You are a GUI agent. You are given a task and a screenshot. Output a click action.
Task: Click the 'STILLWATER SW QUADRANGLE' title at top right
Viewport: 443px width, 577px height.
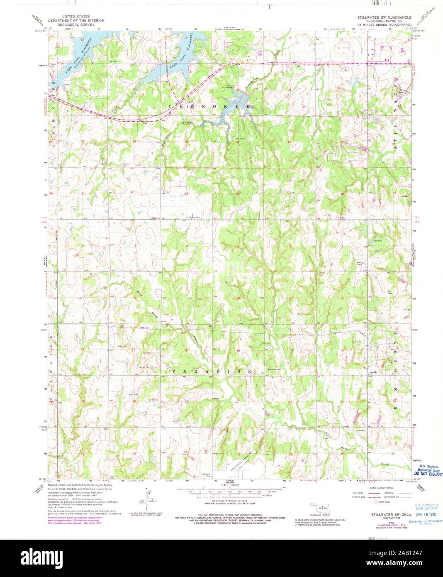point(385,17)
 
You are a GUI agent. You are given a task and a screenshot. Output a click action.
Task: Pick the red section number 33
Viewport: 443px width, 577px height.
point(187,193)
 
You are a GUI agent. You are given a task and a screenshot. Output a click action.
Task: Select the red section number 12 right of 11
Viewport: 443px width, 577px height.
point(342,298)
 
